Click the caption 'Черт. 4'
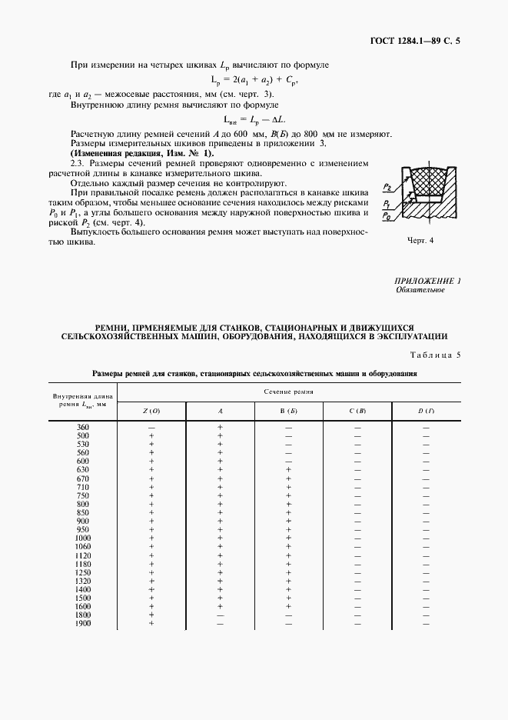pos(420,240)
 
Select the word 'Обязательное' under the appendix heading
pos(420,291)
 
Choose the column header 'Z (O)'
pos(151,412)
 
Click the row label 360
pos(83,427)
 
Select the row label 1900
pos(83,623)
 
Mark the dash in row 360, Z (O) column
pos(151,427)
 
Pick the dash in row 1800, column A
pos(220,615)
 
